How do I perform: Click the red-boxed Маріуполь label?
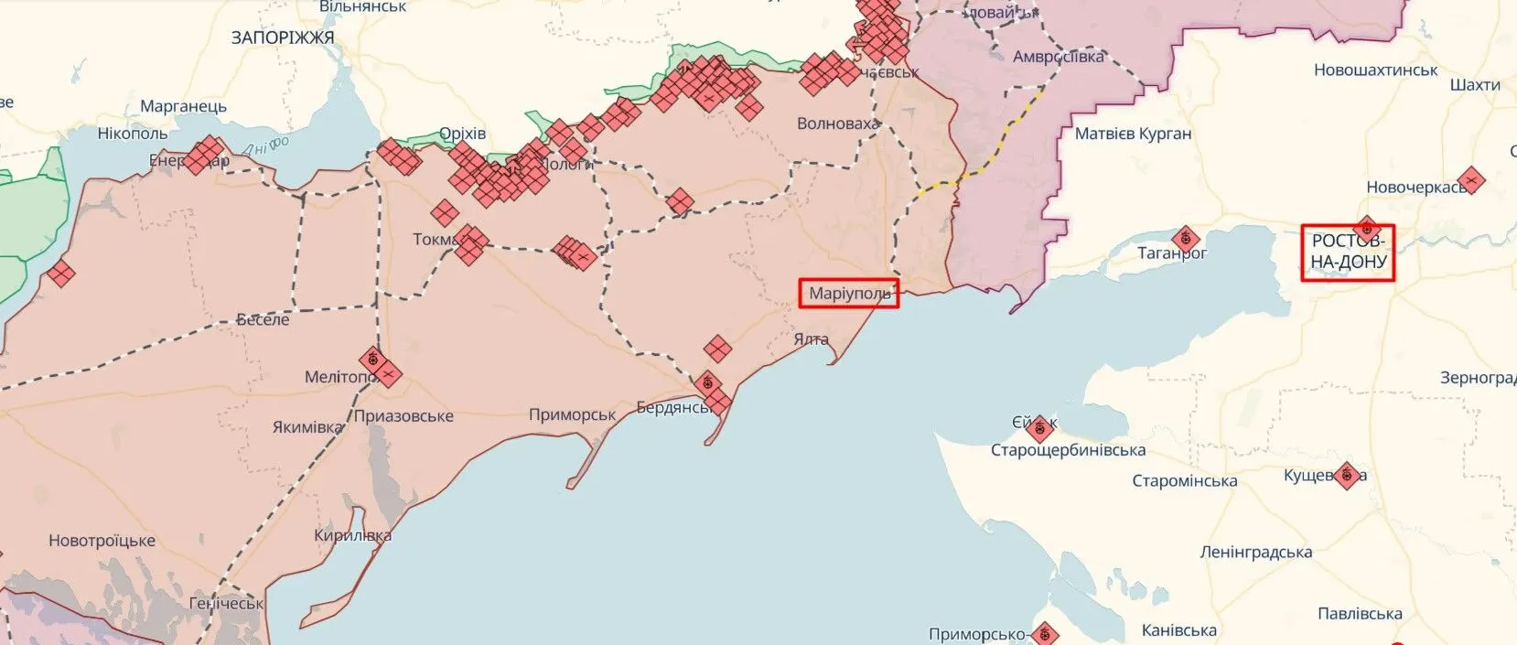[849, 294]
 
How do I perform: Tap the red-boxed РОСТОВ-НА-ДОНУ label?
[1349, 253]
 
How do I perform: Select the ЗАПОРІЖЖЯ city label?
[283, 38]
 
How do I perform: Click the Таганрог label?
[1171, 253]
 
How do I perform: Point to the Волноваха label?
[837, 124]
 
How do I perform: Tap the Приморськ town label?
[572, 414]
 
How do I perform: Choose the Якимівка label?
[307, 427]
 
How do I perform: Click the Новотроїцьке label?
[102, 541]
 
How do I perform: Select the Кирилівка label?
[352, 536]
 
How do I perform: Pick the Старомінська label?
[1184, 481]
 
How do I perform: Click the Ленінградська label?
[1255, 553]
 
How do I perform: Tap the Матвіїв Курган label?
[1133, 134]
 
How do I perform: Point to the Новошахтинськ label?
[1375, 70]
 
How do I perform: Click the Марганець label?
[183, 106]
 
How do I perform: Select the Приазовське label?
[403, 416]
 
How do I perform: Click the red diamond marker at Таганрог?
[1186, 240]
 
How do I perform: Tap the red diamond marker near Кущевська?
[1346, 476]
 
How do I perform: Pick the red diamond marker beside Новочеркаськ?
[1470, 180]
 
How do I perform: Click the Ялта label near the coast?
[811, 339]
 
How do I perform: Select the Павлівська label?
[1360, 614]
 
